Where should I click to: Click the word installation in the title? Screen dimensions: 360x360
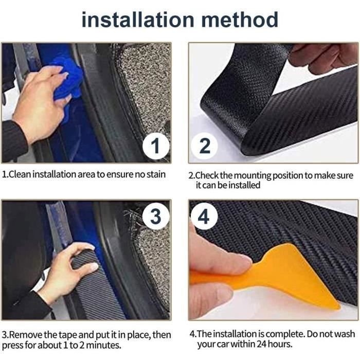click(138, 20)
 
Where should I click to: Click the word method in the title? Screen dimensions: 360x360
click(240, 20)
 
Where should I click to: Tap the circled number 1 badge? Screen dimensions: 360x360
click(156, 146)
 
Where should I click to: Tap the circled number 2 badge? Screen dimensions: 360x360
click(205, 146)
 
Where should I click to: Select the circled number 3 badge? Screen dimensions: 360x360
click(156, 217)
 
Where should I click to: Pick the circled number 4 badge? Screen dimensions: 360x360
click(204, 217)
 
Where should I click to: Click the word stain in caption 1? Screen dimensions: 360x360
click(156, 174)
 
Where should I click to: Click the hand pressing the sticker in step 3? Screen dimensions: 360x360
click(69, 271)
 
